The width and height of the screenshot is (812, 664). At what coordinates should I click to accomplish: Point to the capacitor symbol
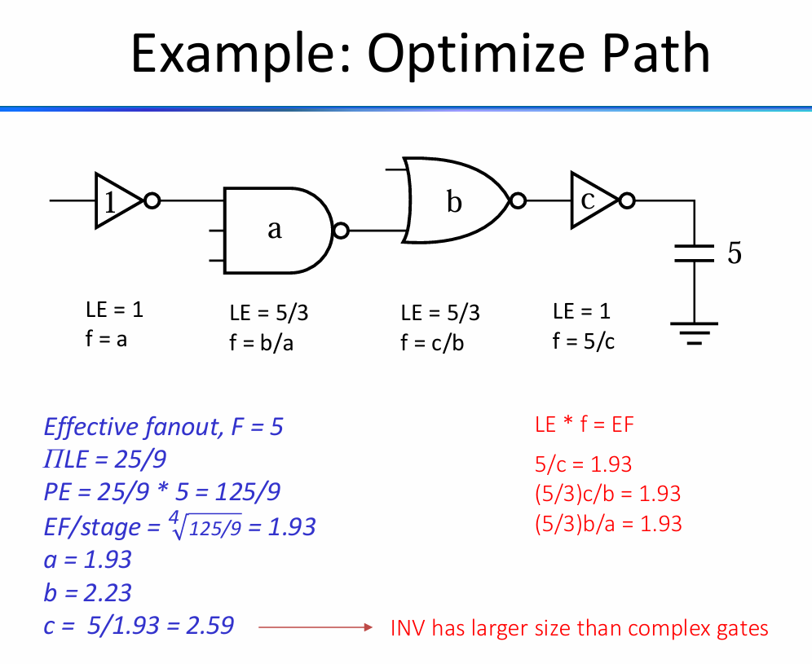click(x=694, y=253)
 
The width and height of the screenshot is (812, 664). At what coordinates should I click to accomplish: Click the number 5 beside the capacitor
click(x=735, y=253)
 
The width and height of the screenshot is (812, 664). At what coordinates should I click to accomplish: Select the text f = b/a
click(x=261, y=343)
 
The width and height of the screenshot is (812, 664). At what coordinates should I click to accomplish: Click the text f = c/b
click(x=432, y=343)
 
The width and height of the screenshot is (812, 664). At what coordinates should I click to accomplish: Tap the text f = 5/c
click(x=583, y=341)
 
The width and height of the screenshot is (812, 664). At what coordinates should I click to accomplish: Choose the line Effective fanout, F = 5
click(x=163, y=427)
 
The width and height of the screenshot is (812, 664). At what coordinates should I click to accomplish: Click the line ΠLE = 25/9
click(x=105, y=459)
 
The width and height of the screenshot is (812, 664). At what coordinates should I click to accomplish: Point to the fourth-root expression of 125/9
click(x=205, y=525)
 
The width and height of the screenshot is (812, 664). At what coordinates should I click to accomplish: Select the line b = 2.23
click(x=87, y=592)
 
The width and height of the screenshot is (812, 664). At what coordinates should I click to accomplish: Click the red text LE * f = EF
click(x=585, y=424)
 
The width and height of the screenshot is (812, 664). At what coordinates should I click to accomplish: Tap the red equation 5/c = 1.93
click(x=583, y=464)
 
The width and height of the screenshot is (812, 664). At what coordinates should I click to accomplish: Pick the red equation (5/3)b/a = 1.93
click(x=608, y=524)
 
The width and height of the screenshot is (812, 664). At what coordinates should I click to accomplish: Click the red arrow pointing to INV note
click(x=316, y=627)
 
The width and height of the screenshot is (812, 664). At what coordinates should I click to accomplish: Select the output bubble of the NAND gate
click(x=341, y=231)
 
